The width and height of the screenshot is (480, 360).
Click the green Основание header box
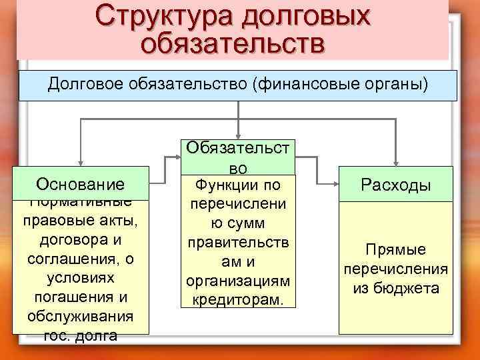[x=81, y=184]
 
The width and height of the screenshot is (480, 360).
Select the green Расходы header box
[x=396, y=185]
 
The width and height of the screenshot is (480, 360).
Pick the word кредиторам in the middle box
[x=237, y=300]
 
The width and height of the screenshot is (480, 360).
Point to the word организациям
[x=237, y=281]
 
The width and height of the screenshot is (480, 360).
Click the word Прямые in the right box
[x=395, y=250]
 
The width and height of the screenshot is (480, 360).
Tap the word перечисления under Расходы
[x=395, y=269]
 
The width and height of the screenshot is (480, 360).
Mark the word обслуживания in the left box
[x=81, y=315]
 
